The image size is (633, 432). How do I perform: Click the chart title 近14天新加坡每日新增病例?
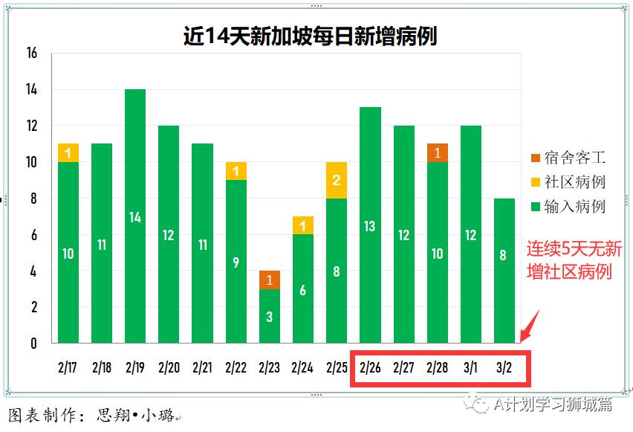coord(310,36)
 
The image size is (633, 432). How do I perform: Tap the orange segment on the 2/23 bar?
coord(270,280)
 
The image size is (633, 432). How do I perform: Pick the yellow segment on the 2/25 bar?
coord(337,180)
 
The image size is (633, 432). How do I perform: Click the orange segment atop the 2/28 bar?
coord(437,152)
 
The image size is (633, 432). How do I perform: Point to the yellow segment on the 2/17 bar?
coord(68,153)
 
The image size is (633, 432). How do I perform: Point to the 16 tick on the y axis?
coord(31,54)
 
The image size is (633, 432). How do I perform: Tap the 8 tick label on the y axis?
coord(33,199)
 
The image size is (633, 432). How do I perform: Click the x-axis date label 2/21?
coord(202,367)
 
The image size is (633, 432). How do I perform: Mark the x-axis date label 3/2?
coord(504,367)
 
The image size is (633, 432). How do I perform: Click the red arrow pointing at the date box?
coord(529,327)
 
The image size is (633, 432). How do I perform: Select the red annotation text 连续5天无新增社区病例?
coord(574,259)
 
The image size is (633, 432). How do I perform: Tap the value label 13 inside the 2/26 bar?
coord(370,227)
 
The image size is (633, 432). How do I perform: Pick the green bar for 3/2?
coord(504,271)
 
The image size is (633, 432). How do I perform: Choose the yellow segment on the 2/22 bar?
coord(236,171)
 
